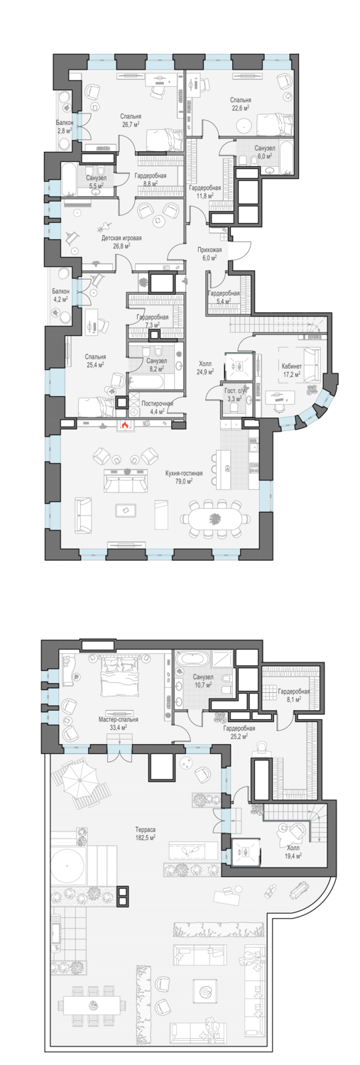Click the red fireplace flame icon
tap(124, 425)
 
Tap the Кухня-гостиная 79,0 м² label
tap(184, 477)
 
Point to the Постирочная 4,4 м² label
tap(157, 407)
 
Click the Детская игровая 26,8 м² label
tap(121, 241)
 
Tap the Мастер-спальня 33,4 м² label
tap(119, 723)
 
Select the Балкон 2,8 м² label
tap(64, 126)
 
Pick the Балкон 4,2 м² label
tap(60, 295)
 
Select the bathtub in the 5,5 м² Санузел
tap(70, 180)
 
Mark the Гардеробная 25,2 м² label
tap(239, 732)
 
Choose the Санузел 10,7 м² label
tap(203, 680)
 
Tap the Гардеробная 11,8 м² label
tap(205, 191)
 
